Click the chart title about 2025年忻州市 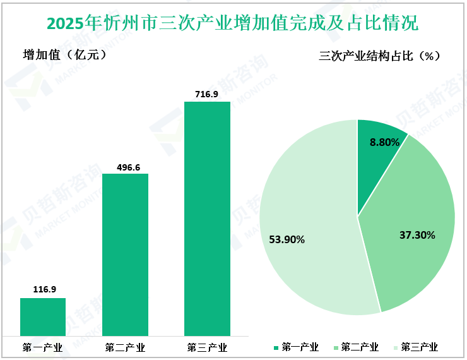coord(233,24)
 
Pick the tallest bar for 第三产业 coord(207,218)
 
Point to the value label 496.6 coord(125,167)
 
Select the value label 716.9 coord(207,94)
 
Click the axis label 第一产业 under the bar coord(42,347)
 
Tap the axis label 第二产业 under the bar coord(125,347)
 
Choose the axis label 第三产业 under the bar coord(207,347)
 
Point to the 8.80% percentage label coord(385,143)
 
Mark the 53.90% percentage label coord(287,239)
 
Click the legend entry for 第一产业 coord(296,347)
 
